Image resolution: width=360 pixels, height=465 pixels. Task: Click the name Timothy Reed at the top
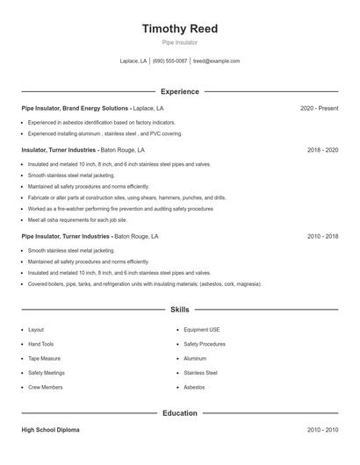(179, 28)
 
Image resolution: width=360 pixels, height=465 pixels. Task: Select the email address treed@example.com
(216, 61)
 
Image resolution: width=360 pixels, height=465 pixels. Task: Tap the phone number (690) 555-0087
(169, 61)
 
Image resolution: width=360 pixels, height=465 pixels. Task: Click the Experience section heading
(179, 91)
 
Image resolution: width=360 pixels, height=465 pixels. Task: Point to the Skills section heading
(179, 310)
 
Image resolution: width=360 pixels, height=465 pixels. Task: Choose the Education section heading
(179, 412)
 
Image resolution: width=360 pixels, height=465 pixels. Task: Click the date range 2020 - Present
(319, 108)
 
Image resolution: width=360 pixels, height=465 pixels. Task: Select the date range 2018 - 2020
(322, 150)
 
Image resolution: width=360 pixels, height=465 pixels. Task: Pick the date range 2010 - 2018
(322, 236)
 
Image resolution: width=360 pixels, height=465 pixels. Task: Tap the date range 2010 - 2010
(322, 430)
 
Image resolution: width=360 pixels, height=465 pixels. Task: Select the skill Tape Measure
(43, 358)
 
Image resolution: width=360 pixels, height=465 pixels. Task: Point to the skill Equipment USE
(202, 330)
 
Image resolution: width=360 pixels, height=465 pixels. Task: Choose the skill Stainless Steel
(200, 372)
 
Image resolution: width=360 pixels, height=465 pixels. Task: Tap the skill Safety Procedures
(205, 344)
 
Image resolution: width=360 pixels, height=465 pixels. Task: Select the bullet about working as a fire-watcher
(120, 209)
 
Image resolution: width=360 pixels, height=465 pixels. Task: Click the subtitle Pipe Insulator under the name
(179, 42)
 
